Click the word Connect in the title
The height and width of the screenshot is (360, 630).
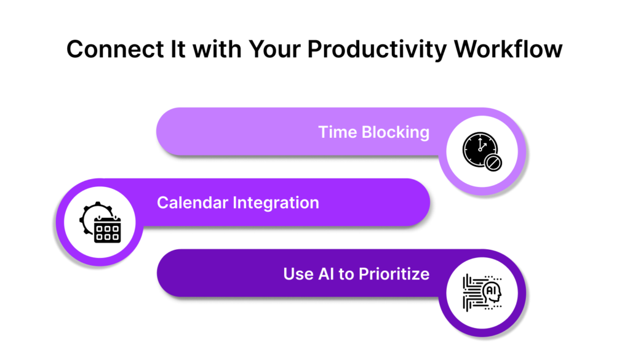click(115, 49)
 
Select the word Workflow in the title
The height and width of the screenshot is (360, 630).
click(508, 49)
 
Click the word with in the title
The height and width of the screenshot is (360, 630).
click(217, 49)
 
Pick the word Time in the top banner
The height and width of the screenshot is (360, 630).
click(338, 132)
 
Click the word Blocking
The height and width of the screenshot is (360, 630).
click(396, 132)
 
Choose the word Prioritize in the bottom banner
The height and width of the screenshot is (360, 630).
click(394, 274)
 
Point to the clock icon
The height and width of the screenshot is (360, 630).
click(480, 149)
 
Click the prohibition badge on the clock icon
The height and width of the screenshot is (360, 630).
click(493, 162)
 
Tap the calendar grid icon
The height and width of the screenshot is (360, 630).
click(107, 230)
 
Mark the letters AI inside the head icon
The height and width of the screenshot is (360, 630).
click(491, 290)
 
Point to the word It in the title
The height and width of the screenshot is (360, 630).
click(178, 49)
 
